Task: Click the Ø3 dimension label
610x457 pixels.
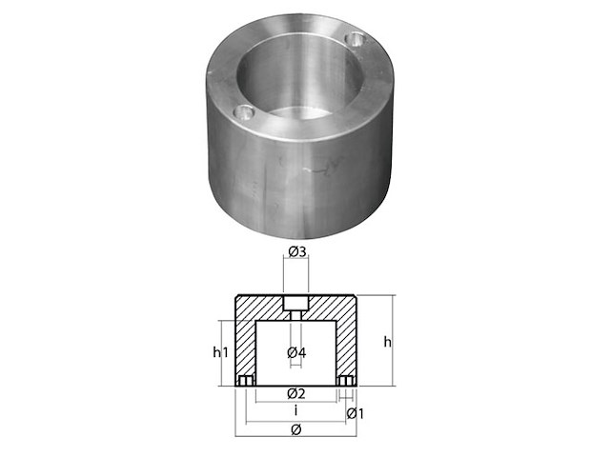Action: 295,252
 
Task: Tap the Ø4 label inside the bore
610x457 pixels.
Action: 295,353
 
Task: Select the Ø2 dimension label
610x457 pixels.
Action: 295,393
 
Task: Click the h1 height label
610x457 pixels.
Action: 221,352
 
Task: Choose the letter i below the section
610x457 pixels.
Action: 295,411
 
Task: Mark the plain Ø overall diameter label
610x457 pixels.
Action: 295,431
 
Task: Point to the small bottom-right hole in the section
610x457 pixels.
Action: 347,382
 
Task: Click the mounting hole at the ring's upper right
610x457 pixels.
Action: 356,40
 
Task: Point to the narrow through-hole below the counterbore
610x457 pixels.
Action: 295,315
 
